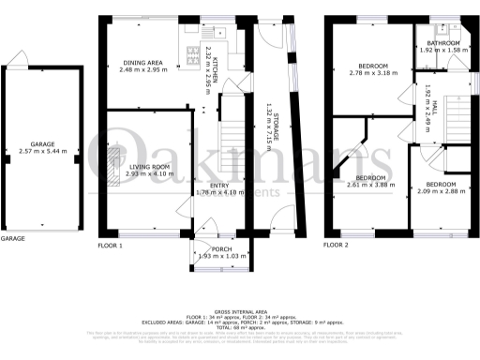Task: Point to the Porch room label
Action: click(222, 248)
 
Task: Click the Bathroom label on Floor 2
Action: click(443, 43)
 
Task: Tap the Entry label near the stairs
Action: click(220, 186)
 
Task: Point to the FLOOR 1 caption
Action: click(111, 245)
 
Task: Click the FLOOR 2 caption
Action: click(336, 245)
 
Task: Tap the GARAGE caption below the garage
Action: click(12, 239)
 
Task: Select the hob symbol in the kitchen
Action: click(194, 52)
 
